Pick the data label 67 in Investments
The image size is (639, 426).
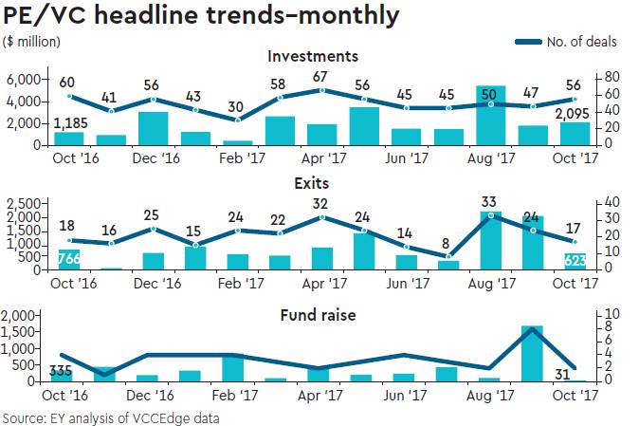(x=321, y=76)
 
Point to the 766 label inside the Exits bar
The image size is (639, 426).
(x=68, y=258)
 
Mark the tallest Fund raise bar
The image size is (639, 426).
(x=533, y=353)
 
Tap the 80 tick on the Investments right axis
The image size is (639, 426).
(x=612, y=76)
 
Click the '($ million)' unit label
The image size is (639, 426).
(x=32, y=41)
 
